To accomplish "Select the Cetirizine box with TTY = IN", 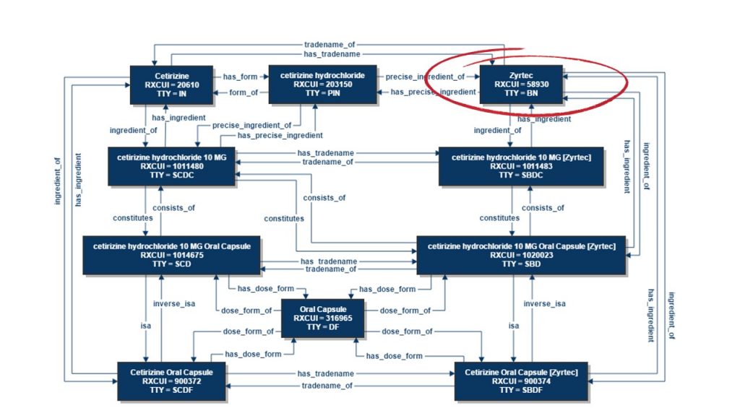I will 171,84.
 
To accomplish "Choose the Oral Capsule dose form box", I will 323,318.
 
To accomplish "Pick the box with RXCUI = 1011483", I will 521,165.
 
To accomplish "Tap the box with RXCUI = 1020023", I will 521,255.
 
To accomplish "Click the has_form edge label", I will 239,76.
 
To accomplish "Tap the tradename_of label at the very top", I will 329,44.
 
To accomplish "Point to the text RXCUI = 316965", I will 323,318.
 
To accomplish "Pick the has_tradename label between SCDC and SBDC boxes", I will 324,152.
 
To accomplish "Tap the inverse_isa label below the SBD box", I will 542,303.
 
